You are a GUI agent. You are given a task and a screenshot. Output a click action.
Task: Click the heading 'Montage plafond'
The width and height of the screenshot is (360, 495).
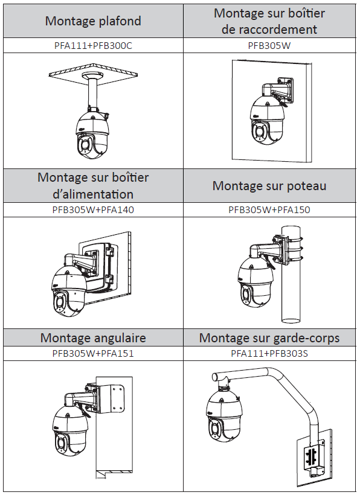(93, 21)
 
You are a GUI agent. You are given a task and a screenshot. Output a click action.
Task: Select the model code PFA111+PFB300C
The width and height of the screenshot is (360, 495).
(93, 46)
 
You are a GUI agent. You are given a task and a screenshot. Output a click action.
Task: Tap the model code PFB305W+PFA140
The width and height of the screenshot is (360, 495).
(93, 209)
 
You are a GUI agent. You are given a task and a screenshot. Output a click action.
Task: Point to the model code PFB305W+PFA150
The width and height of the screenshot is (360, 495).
(269, 209)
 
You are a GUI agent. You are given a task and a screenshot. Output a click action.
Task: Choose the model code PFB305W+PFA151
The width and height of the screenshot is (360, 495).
(93, 353)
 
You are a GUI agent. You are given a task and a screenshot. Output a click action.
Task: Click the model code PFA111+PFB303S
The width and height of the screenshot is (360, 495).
(269, 353)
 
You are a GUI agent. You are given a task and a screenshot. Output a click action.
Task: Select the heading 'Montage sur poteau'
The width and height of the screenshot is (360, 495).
(269, 186)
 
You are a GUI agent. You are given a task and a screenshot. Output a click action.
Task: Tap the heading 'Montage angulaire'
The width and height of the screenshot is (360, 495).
(93, 338)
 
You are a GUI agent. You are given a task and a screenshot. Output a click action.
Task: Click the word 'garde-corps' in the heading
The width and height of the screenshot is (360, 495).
(306, 338)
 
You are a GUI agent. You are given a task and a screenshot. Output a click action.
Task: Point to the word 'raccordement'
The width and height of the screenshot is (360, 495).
(269, 30)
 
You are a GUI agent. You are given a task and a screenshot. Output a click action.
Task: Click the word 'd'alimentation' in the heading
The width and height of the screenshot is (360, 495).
(93, 194)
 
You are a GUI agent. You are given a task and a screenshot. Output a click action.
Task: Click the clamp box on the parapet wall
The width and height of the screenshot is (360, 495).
(313, 456)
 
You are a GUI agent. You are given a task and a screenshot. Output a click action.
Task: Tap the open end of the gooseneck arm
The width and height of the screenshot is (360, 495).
(215, 377)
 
